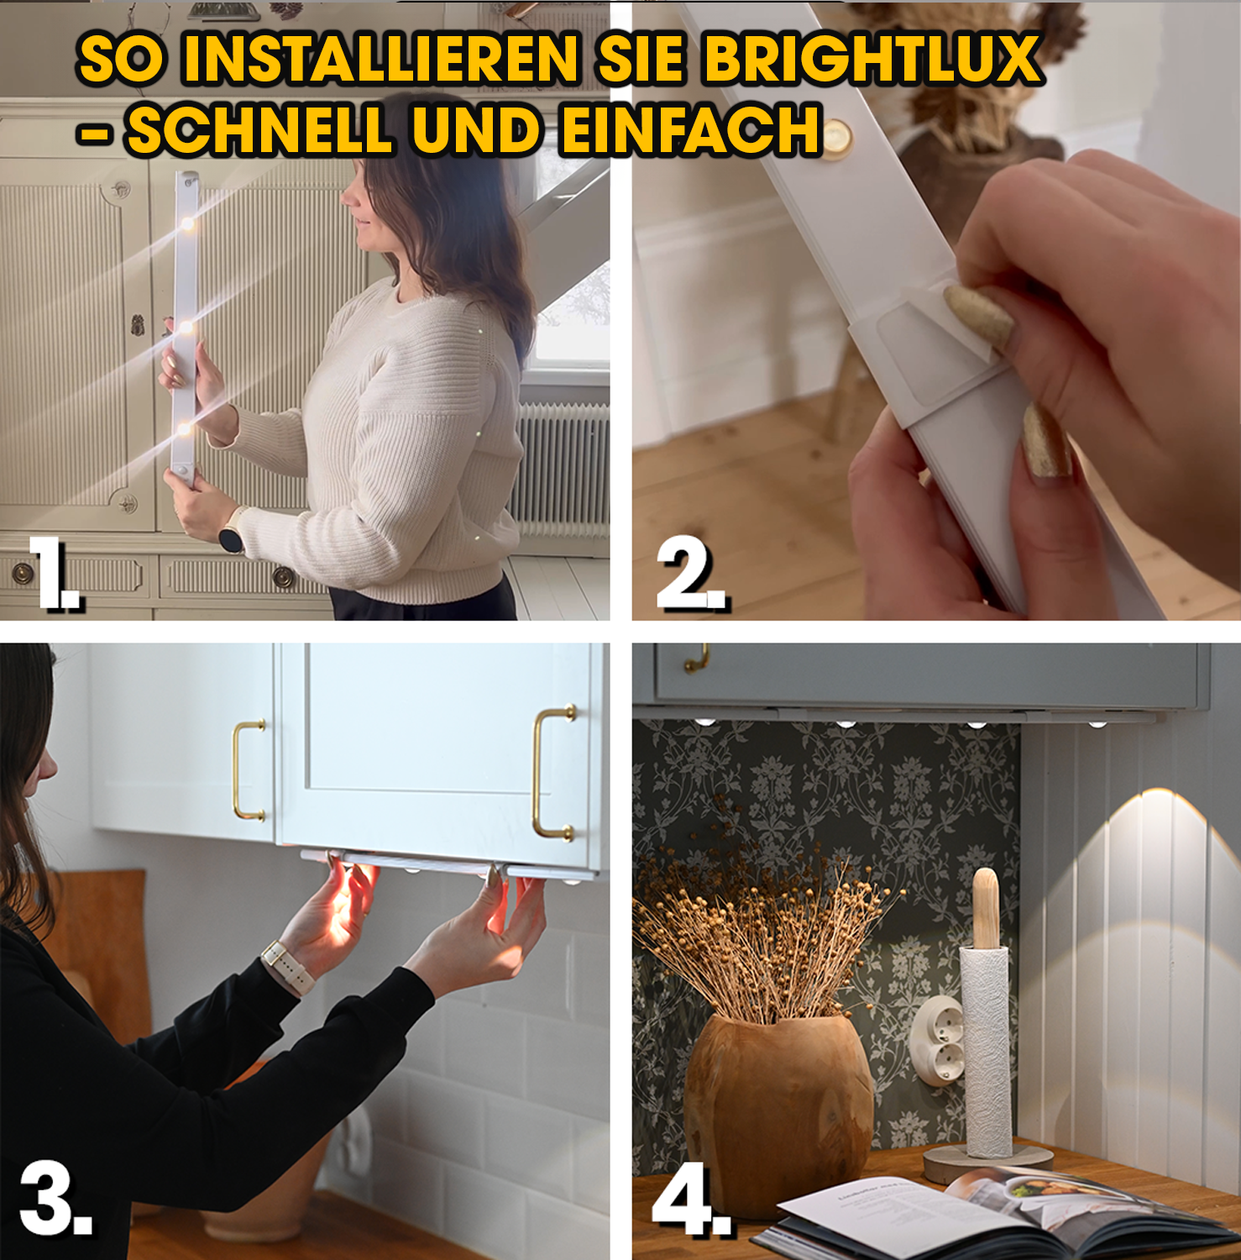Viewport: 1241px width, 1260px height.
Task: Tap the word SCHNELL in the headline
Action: (x=259, y=131)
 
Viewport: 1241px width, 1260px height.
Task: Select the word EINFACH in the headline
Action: (x=690, y=131)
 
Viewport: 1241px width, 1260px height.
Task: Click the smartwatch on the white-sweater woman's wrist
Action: (x=231, y=537)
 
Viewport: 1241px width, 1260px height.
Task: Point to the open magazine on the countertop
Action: (x=991, y=1214)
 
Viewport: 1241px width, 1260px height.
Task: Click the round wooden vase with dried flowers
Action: (x=777, y=1109)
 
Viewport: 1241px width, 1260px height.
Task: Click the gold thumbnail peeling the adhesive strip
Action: (x=978, y=315)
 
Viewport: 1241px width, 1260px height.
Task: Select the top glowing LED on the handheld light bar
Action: (x=186, y=223)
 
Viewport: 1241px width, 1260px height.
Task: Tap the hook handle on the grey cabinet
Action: (x=696, y=659)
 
